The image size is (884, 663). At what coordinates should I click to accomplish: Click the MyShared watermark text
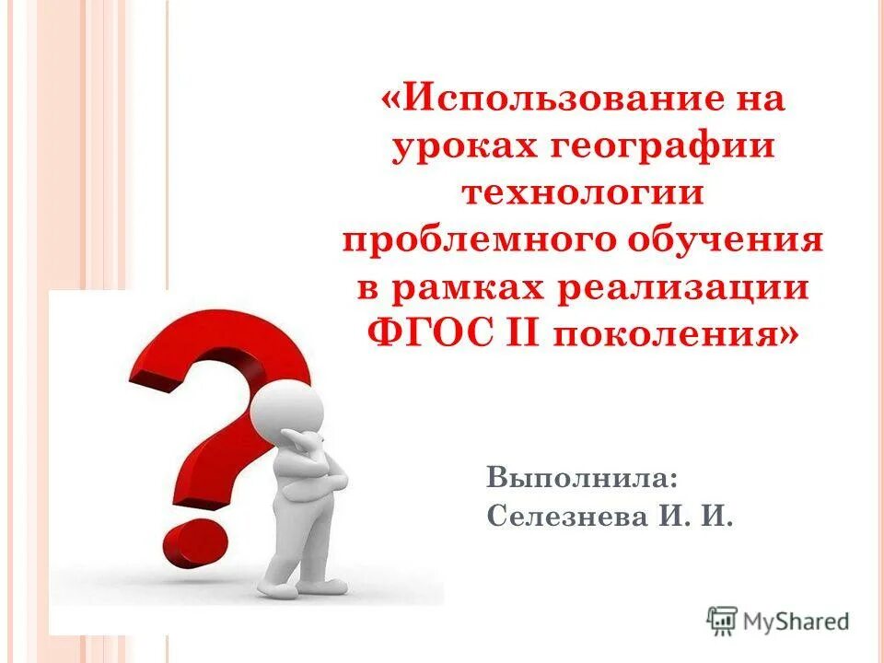click(x=797, y=621)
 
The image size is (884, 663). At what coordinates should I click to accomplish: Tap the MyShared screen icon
click(x=724, y=620)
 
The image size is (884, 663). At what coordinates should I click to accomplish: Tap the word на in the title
click(x=754, y=98)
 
